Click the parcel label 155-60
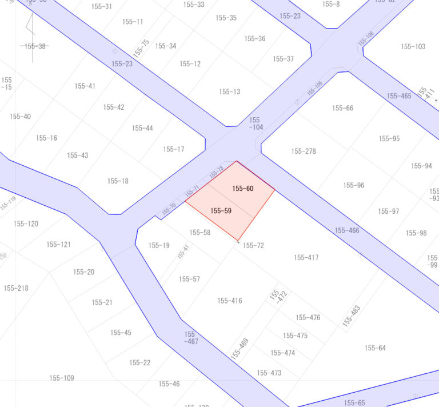point(242,188)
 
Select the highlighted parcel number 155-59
point(221,211)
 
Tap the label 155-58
point(199,233)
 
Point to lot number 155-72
point(253,245)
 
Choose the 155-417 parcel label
point(306,258)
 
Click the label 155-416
point(229,301)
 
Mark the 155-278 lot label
point(304,151)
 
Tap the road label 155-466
point(347,230)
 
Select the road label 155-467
point(191,338)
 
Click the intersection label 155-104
point(256,123)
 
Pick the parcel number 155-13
point(229,91)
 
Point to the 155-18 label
point(118,181)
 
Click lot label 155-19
point(159,245)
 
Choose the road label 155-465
point(399,96)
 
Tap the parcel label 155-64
point(375,348)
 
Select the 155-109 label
point(62,378)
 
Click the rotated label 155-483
point(352,316)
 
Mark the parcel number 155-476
point(308,318)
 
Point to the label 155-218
point(16,288)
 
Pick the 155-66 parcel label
point(342,108)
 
